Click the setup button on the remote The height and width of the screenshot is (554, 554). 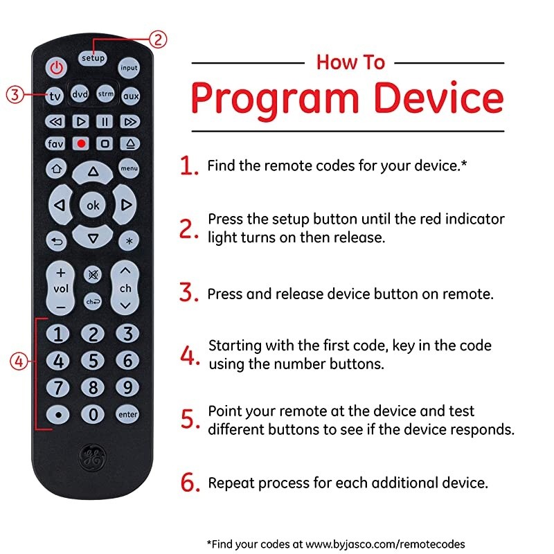coord(93,58)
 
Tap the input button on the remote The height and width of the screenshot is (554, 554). coord(129,68)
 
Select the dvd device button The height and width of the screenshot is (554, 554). coord(80,95)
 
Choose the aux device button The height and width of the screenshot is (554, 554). coord(130,96)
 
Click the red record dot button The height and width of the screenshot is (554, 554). coord(81,144)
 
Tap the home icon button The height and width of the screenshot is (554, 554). coord(55,168)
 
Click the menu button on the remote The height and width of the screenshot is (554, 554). coord(129,168)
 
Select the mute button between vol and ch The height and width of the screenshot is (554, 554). coord(92,274)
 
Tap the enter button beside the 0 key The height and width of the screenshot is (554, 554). coord(127,414)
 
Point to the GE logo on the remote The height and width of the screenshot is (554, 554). coord(92,456)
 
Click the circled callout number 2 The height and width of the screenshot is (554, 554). coord(158,39)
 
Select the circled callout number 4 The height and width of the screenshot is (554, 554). coord(18,361)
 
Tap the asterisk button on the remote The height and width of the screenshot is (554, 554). coord(128,241)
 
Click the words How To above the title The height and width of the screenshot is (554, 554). coord(350,62)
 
